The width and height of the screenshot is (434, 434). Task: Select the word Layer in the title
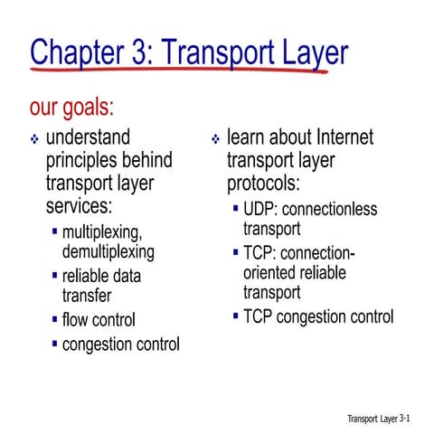click(307, 53)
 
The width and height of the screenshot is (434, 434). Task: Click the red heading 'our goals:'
click(72, 108)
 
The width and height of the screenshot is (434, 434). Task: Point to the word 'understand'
click(88, 138)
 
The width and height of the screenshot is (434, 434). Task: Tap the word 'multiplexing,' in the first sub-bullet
click(102, 232)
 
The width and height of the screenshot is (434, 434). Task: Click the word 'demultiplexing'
click(108, 251)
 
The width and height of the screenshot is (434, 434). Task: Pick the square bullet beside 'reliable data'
click(54, 274)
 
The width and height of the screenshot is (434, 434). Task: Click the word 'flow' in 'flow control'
click(75, 319)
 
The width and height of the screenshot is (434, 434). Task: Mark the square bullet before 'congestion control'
click(54, 344)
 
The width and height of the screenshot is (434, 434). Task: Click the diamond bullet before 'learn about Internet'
click(215, 140)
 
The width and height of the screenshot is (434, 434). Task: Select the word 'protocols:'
click(263, 184)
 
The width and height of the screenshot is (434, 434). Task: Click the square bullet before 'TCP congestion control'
click(235, 316)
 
